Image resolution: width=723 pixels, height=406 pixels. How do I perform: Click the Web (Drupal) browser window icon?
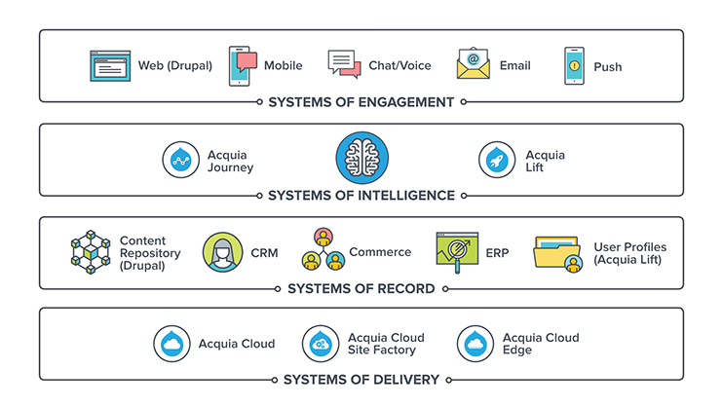point(109,66)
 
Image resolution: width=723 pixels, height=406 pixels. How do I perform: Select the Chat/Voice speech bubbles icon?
point(344,64)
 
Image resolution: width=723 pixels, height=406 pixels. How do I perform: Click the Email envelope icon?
point(474,64)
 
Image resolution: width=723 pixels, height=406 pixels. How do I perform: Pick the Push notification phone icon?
point(574,66)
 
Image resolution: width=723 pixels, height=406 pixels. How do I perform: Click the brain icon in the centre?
point(361,159)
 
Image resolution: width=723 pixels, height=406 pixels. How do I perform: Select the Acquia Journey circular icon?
point(182,161)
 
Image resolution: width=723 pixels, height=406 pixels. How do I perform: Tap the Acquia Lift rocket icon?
point(498,161)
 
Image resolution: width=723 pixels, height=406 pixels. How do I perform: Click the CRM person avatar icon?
point(223,252)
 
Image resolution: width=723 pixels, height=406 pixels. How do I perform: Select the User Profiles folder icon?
point(558,253)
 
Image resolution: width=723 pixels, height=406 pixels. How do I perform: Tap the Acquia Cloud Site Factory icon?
point(321,344)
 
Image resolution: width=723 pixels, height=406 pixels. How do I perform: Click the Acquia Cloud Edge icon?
point(476,344)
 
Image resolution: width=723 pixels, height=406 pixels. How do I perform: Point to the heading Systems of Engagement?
point(361,102)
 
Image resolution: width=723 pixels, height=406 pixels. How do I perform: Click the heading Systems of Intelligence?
point(361,196)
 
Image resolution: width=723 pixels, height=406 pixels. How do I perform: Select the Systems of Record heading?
point(361,289)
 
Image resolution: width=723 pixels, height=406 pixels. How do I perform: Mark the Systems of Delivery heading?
point(361,380)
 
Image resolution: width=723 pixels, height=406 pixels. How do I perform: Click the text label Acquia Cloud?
point(237,344)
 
